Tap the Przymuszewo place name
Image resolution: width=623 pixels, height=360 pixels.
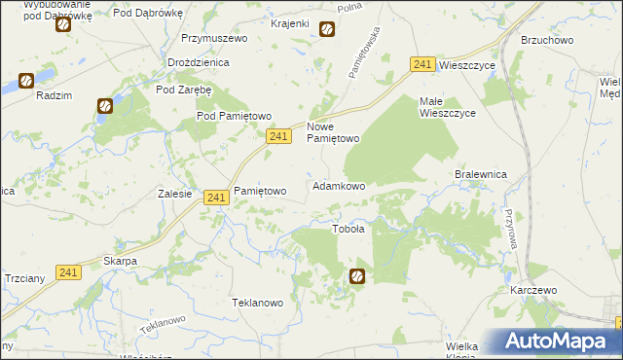tap(214, 39)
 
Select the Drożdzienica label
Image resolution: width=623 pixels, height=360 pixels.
tap(198, 62)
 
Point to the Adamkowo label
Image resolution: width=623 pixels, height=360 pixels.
tap(338, 186)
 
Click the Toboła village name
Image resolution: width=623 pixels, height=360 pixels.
tap(348, 230)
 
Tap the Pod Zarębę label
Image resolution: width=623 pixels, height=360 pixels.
tap(184, 90)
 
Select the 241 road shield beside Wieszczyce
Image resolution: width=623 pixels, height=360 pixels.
tap(421, 64)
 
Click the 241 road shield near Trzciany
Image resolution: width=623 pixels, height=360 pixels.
tap(67, 272)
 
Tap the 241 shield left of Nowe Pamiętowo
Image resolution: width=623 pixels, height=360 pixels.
tap(278, 138)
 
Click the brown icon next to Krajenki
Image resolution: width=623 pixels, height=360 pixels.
tap(327, 29)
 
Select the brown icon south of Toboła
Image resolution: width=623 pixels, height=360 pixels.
tap(357, 276)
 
